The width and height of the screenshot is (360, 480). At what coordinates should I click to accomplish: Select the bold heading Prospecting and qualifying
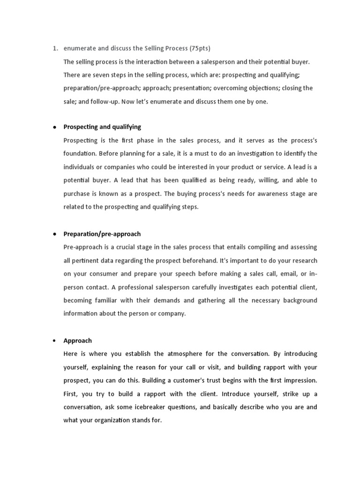click(102, 127)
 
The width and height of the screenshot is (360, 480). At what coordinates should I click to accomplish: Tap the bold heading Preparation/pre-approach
click(102, 234)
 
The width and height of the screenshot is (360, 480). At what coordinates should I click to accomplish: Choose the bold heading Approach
click(78, 341)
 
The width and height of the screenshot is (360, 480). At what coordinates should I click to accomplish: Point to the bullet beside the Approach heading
click(55, 341)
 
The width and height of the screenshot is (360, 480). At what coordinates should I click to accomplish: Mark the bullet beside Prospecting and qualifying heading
click(55, 127)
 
